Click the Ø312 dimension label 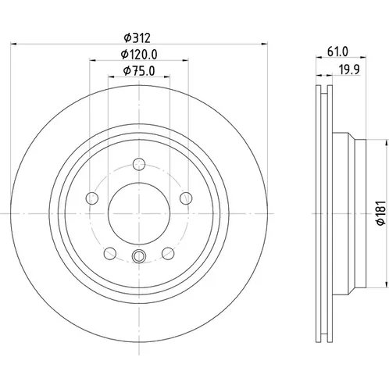pyautogui.click(x=137, y=38)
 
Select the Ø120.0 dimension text pyautogui.click(x=139, y=55)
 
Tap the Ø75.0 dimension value pyautogui.click(x=139, y=71)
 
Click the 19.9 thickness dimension pyautogui.click(x=349, y=70)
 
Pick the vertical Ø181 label pyautogui.click(x=381, y=213)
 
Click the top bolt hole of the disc pyautogui.click(x=139, y=164)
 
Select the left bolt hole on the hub pyautogui.click(x=92, y=198)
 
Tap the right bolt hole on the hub pyautogui.click(x=186, y=198)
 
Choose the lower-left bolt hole pyautogui.click(x=110, y=253)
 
